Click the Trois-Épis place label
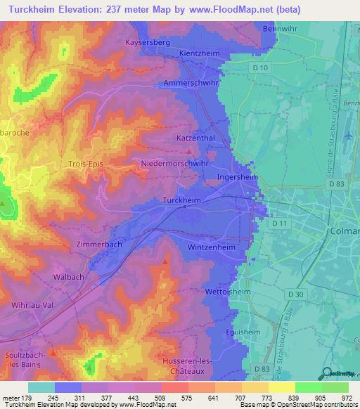(86, 164)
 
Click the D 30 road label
(296, 294)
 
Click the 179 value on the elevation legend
(27, 398)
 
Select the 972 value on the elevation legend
(347, 398)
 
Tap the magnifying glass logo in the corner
(326, 373)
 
